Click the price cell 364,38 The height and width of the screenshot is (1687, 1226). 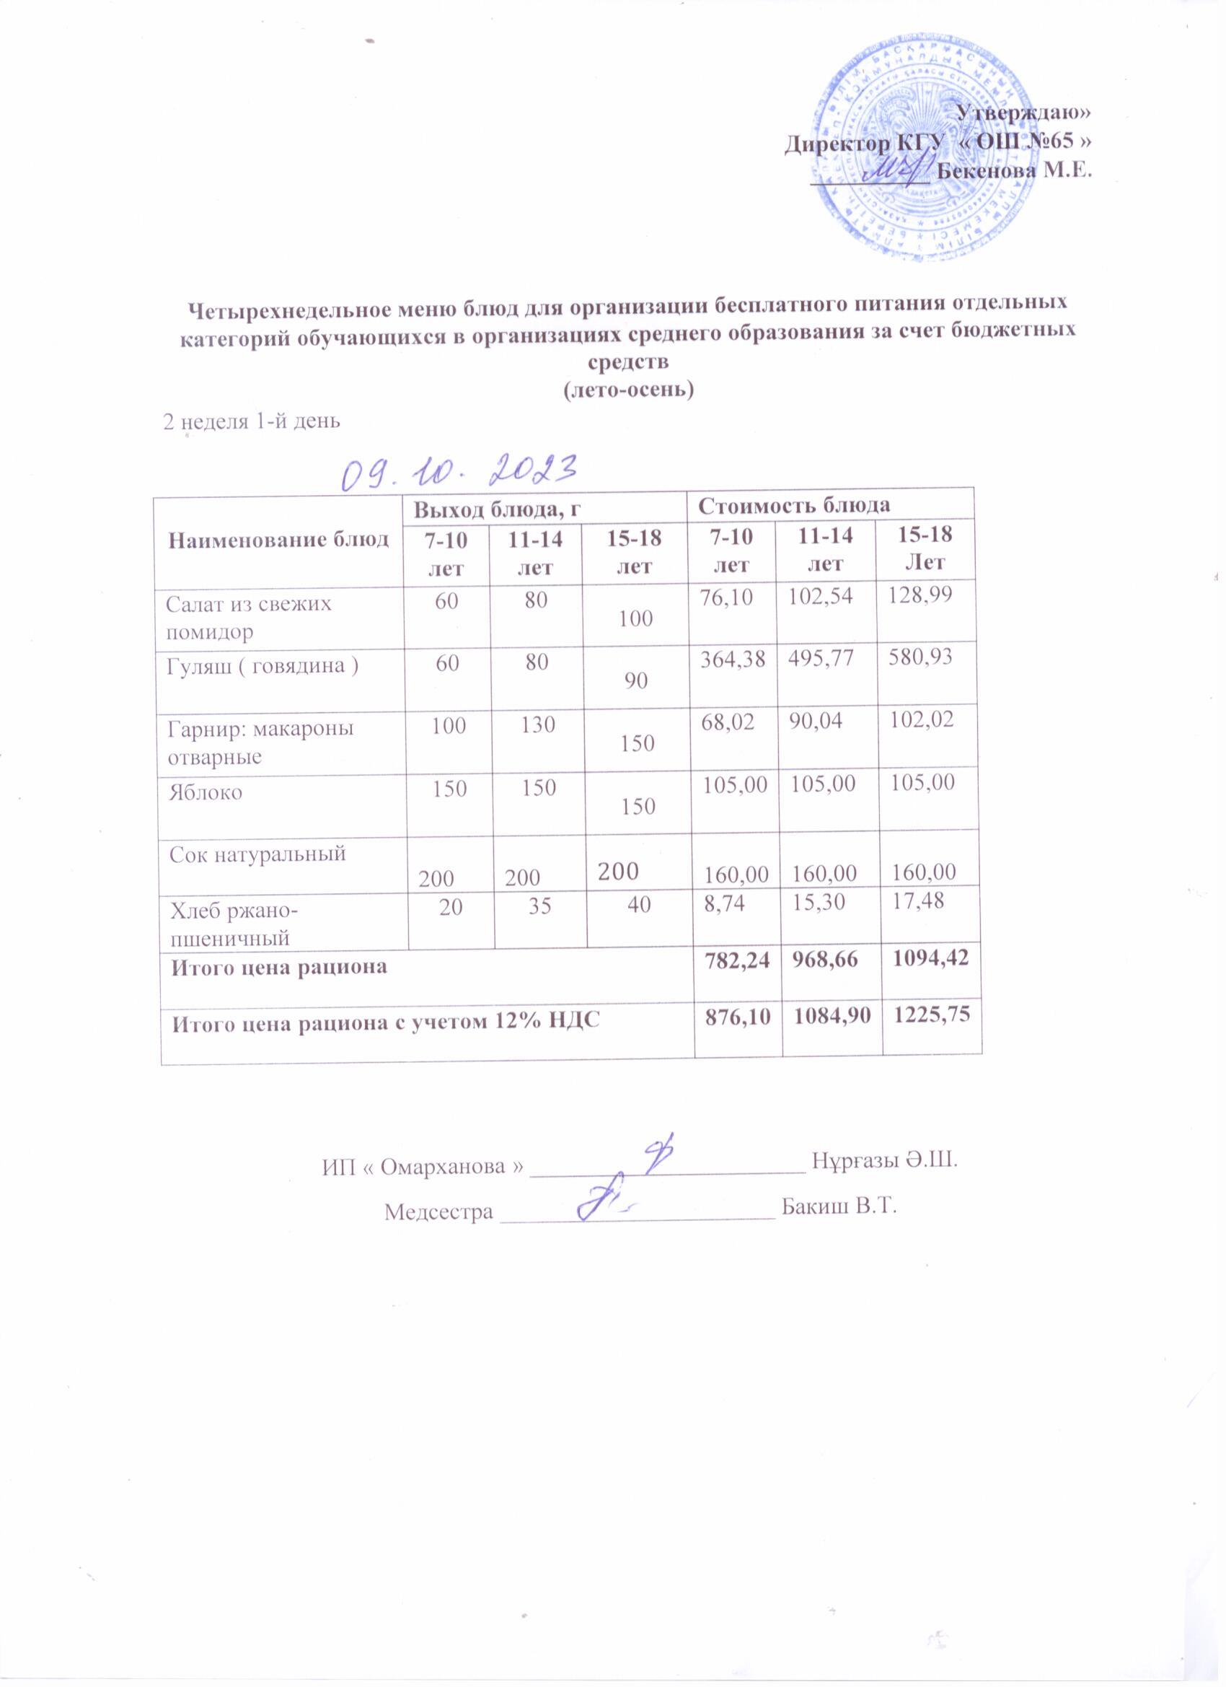click(733, 657)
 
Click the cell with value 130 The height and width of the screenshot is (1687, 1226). click(538, 724)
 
